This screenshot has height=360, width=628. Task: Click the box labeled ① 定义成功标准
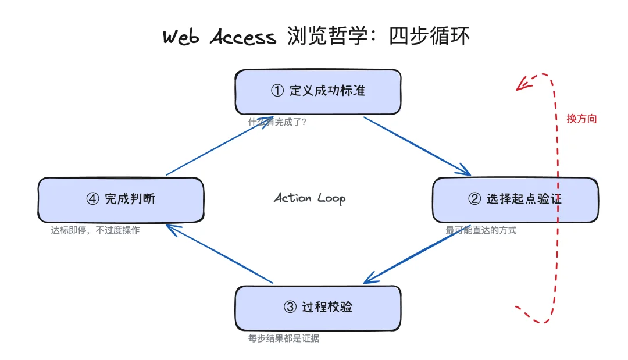tap(317, 92)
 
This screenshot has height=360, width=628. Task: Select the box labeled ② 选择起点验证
tap(515, 199)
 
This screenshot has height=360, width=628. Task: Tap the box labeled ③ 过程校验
tap(317, 308)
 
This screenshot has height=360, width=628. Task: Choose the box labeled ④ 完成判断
tap(120, 199)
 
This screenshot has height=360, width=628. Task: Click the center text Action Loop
tap(309, 198)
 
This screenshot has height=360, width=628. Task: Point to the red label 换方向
tap(581, 119)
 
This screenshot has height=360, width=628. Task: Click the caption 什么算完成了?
tap(277, 122)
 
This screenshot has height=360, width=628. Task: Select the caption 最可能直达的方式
tap(481, 230)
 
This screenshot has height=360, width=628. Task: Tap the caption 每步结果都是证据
tap(284, 338)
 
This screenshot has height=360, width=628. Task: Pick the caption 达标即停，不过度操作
tap(95, 230)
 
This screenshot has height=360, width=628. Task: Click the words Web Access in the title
tap(219, 37)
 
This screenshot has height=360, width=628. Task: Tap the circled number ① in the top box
tap(277, 91)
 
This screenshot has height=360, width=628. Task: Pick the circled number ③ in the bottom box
tap(290, 308)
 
